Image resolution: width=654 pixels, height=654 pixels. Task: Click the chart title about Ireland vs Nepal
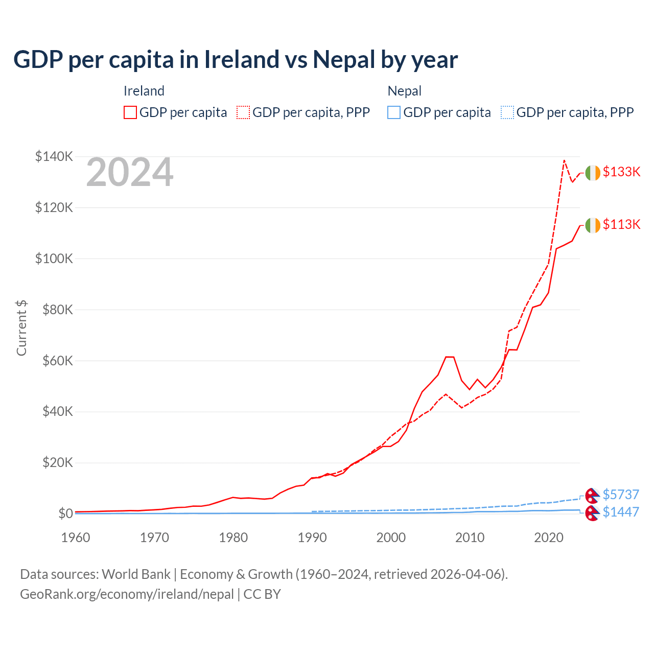[236, 60]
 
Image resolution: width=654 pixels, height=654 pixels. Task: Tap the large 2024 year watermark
[130, 173]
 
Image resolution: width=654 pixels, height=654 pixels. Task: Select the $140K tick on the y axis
[54, 156]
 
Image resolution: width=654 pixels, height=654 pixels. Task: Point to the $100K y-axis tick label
[54, 259]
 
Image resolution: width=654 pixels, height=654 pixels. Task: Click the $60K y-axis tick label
[57, 361]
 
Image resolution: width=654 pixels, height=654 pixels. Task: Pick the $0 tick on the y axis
[65, 513]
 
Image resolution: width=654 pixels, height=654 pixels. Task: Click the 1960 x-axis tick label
[76, 538]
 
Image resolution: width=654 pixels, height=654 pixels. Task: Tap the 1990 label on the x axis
[312, 538]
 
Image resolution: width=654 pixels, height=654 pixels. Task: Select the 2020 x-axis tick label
[549, 538]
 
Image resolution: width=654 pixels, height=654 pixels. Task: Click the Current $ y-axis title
[21, 328]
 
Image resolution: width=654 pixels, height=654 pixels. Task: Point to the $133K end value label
[621, 172]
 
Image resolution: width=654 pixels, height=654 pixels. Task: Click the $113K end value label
[621, 224]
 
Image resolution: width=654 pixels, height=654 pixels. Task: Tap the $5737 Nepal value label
[621, 495]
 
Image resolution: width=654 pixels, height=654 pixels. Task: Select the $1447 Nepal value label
[621, 512]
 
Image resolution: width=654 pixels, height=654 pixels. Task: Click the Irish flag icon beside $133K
[593, 173]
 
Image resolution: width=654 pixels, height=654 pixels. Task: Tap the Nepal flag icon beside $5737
[592, 495]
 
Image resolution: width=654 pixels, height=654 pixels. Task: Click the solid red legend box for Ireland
[130, 112]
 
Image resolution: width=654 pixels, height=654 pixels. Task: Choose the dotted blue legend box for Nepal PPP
[507, 112]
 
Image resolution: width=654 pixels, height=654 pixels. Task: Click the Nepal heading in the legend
[405, 91]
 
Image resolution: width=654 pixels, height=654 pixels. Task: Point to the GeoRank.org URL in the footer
[127, 594]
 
